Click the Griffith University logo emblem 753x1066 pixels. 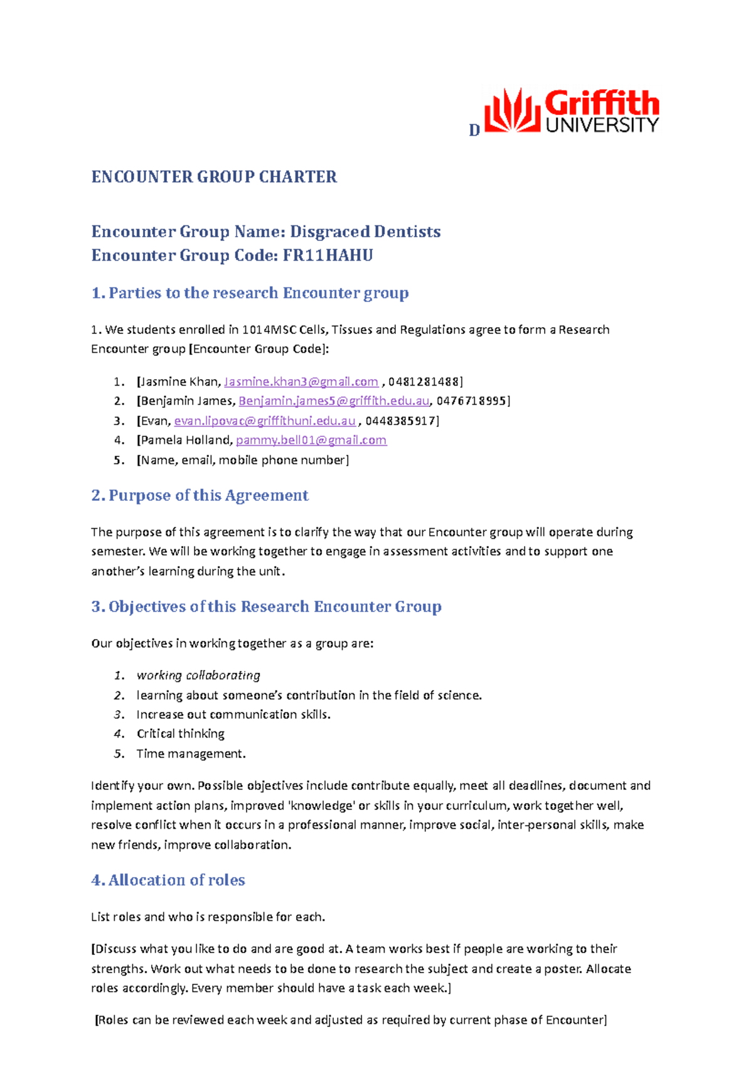512,111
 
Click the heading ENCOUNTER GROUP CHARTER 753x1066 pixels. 214,177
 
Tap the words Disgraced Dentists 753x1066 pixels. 365,232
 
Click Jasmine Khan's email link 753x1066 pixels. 301,382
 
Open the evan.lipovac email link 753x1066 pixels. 265,421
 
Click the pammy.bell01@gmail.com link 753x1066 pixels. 311,441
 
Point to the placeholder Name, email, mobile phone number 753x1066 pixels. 243,460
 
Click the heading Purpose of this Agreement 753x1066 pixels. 208,495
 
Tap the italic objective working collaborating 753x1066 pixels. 198,676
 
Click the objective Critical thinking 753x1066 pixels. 180,734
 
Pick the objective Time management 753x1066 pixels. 191,753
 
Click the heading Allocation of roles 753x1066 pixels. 176,880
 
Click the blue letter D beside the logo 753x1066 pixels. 474,130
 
